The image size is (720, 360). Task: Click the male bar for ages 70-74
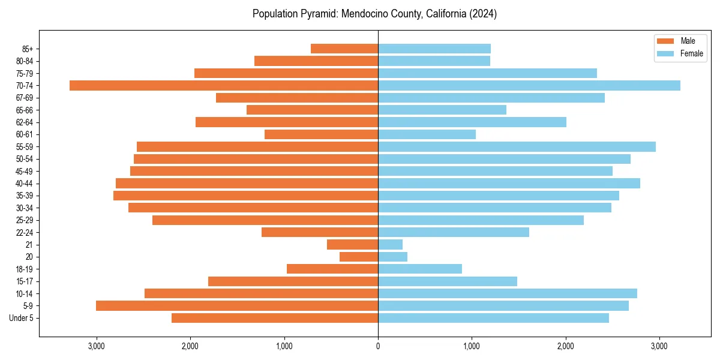tap(224, 85)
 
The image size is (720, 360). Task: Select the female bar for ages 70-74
tap(529, 85)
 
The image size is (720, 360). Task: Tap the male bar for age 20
tap(359, 257)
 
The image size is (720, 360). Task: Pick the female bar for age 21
tap(390, 244)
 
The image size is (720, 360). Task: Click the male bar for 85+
tap(344, 49)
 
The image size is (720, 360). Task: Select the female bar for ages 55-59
tap(517, 146)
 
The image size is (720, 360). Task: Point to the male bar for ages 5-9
tap(237, 305)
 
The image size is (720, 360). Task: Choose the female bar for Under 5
tap(493, 318)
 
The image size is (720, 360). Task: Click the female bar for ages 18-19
tap(420, 269)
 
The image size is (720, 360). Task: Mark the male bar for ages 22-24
tap(320, 232)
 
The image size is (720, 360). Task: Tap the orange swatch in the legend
tap(666, 41)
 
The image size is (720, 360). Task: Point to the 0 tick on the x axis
tap(378, 346)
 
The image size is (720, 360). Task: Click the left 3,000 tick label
tap(97, 346)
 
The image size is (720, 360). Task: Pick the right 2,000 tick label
tap(565, 346)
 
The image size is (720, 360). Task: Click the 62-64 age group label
tap(24, 122)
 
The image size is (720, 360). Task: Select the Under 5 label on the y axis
tap(22, 318)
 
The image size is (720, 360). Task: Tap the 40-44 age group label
tap(24, 183)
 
